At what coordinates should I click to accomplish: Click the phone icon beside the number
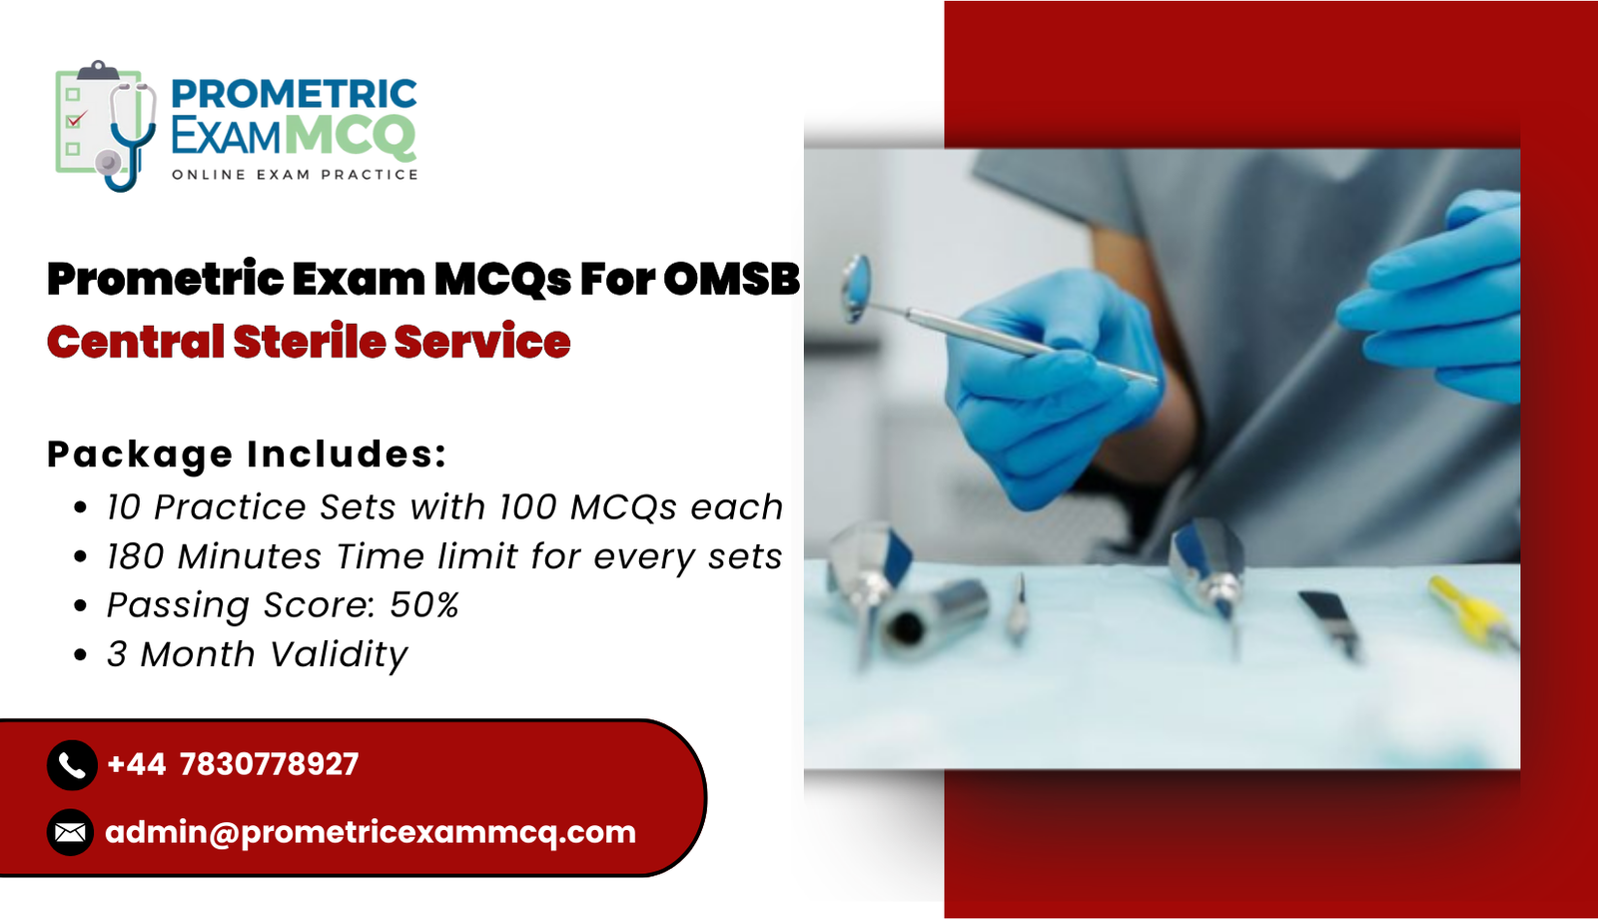tap(72, 764)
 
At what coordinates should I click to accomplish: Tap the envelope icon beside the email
tap(71, 832)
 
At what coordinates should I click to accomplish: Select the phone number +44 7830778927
tap(233, 764)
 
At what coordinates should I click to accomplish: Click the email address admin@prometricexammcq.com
tap(371, 833)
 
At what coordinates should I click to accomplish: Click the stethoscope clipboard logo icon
tap(106, 126)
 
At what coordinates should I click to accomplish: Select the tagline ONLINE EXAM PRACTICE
tap(295, 175)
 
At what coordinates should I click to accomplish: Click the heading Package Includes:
tap(247, 454)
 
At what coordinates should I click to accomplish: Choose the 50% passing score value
tap(423, 604)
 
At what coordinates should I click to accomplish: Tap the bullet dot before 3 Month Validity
tap(81, 654)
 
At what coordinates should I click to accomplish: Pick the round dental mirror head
tap(856, 287)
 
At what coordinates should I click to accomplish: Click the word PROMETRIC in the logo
tap(295, 94)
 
